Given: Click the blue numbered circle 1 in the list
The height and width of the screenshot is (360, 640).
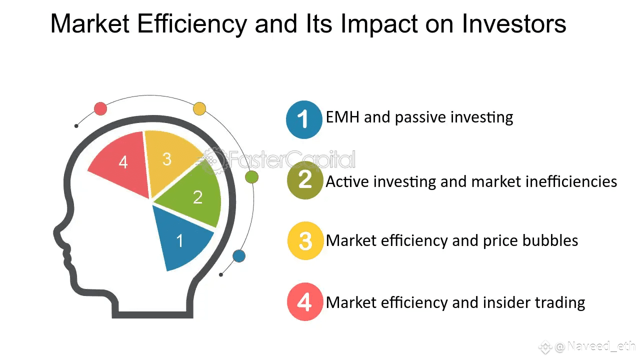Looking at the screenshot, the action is (x=304, y=119).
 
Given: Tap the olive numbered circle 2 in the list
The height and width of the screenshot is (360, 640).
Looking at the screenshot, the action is (x=305, y=180).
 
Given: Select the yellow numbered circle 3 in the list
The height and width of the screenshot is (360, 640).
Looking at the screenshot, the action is (x=305, y=241).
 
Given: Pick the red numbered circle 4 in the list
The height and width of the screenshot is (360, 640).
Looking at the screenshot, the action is (x=305, y=301).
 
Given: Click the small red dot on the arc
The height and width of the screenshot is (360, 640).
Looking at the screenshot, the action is (x=100, y=108).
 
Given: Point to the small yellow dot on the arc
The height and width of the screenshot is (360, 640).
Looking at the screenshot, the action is (x=199, y=108).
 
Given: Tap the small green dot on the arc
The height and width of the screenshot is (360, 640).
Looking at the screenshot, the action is (x=251, y=177).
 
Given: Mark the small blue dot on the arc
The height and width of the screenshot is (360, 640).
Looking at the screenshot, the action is (x=239, y=255).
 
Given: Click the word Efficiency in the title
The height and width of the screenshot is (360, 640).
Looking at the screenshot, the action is (x=192, y=24).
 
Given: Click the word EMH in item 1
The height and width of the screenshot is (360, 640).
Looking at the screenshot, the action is (x=342, y=117).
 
